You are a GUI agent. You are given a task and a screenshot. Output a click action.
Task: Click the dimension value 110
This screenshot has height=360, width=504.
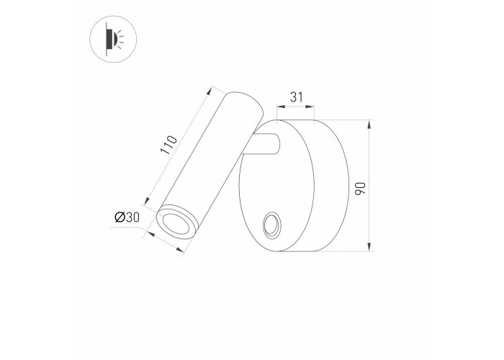(168, 145)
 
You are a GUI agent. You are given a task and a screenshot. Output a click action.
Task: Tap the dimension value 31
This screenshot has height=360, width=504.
(296, 96)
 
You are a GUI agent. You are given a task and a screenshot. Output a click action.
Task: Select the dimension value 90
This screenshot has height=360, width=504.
(360, 189)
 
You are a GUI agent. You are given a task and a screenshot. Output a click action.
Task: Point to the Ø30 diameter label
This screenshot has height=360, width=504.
(127, 217)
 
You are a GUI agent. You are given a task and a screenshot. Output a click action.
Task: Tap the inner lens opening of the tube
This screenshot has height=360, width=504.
(176, 224)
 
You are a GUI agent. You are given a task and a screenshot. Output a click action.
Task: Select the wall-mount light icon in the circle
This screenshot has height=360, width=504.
(114, 39)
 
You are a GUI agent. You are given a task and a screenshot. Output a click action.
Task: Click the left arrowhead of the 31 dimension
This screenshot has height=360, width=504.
(280, 107)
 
